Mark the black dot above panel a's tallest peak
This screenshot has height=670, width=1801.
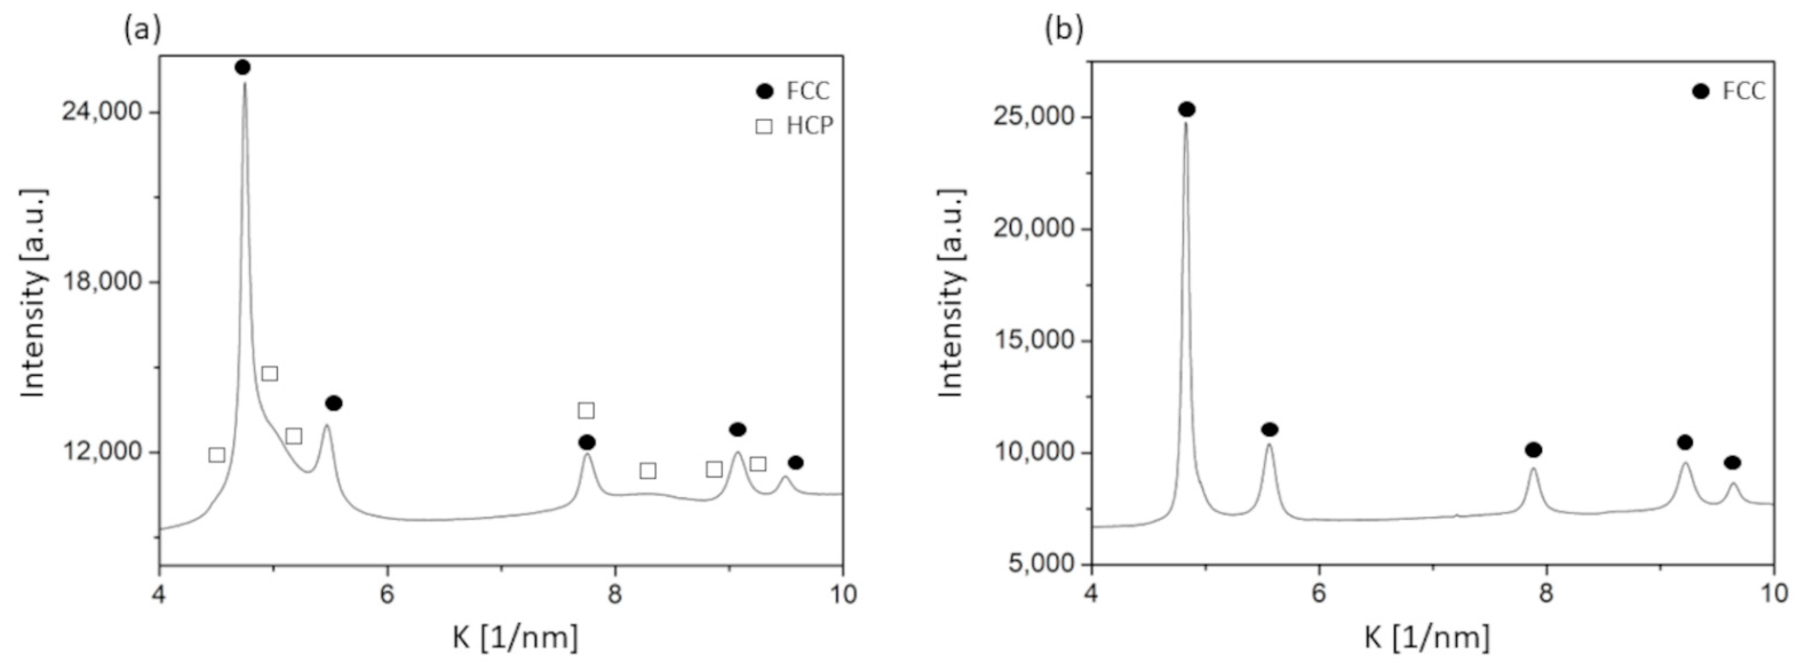[243, 67]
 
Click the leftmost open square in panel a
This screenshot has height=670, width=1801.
[217, 455]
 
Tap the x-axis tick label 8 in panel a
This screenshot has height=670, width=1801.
[615, 594]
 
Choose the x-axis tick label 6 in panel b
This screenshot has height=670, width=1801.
[1318, 594]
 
